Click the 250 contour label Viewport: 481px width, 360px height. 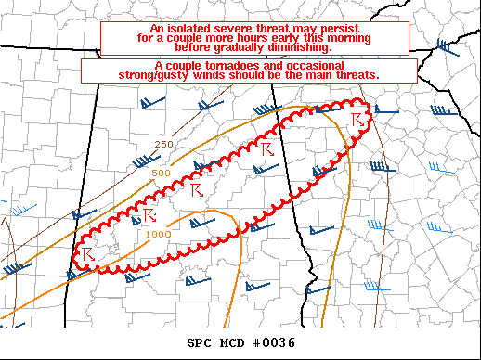coord(163,144)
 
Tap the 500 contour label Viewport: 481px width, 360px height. coord(160,174)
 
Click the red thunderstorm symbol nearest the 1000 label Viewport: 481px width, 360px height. coord(146,216)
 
